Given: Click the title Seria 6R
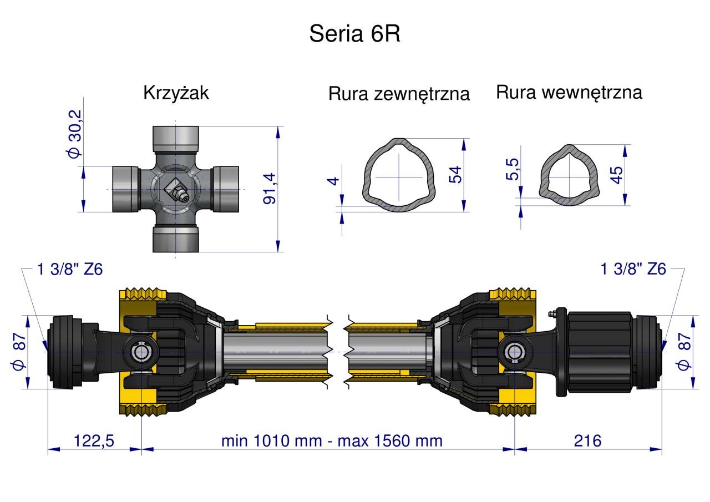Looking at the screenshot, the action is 354,34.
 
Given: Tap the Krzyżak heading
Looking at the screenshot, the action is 176,93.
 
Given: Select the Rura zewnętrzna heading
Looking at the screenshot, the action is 399,94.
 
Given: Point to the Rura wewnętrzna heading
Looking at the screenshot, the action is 569,93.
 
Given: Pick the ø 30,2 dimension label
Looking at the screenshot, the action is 75,134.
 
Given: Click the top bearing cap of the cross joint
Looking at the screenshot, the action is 176,138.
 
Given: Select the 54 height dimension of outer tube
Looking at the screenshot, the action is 455,174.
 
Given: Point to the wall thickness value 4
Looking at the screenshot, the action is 333,181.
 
